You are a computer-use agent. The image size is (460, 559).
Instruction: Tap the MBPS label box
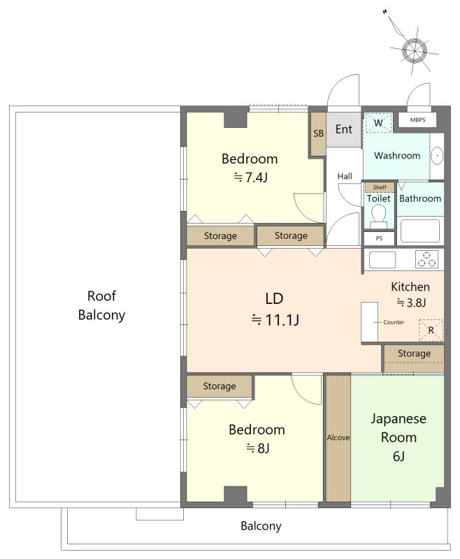417,119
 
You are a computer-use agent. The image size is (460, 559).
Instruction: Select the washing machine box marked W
378,123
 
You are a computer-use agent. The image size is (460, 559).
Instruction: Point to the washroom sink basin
437,156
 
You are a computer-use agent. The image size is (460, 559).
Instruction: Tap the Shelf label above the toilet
380,187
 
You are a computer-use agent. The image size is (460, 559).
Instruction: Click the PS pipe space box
379,238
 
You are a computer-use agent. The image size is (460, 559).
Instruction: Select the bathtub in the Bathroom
420,231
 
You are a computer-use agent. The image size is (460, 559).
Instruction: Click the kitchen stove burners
427,259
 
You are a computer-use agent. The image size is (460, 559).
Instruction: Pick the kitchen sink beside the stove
382,259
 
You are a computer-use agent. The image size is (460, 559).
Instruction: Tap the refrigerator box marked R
431,330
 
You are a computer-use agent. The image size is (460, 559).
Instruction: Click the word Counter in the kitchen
394,322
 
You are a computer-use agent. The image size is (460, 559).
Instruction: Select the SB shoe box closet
318,134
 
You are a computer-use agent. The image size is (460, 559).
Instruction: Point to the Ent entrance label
344,129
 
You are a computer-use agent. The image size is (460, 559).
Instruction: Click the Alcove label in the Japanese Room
338,437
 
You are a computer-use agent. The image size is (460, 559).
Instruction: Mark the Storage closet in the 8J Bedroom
220,386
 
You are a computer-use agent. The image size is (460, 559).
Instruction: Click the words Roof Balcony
101,305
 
